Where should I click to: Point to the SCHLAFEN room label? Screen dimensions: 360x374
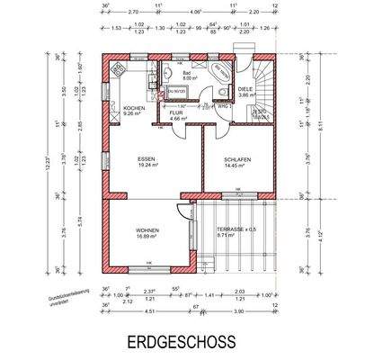(236, 161)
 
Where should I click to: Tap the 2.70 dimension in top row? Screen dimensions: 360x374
(132, 13)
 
